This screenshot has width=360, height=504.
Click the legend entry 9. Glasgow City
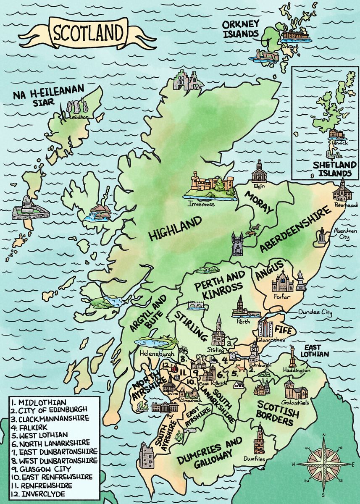click(41, 468)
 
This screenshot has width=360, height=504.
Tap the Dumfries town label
click(255, 459)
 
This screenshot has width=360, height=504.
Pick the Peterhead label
click(346, 205)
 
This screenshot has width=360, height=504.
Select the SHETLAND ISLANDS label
click(332, 169)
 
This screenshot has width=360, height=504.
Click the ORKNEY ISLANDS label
click(241, 29)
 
